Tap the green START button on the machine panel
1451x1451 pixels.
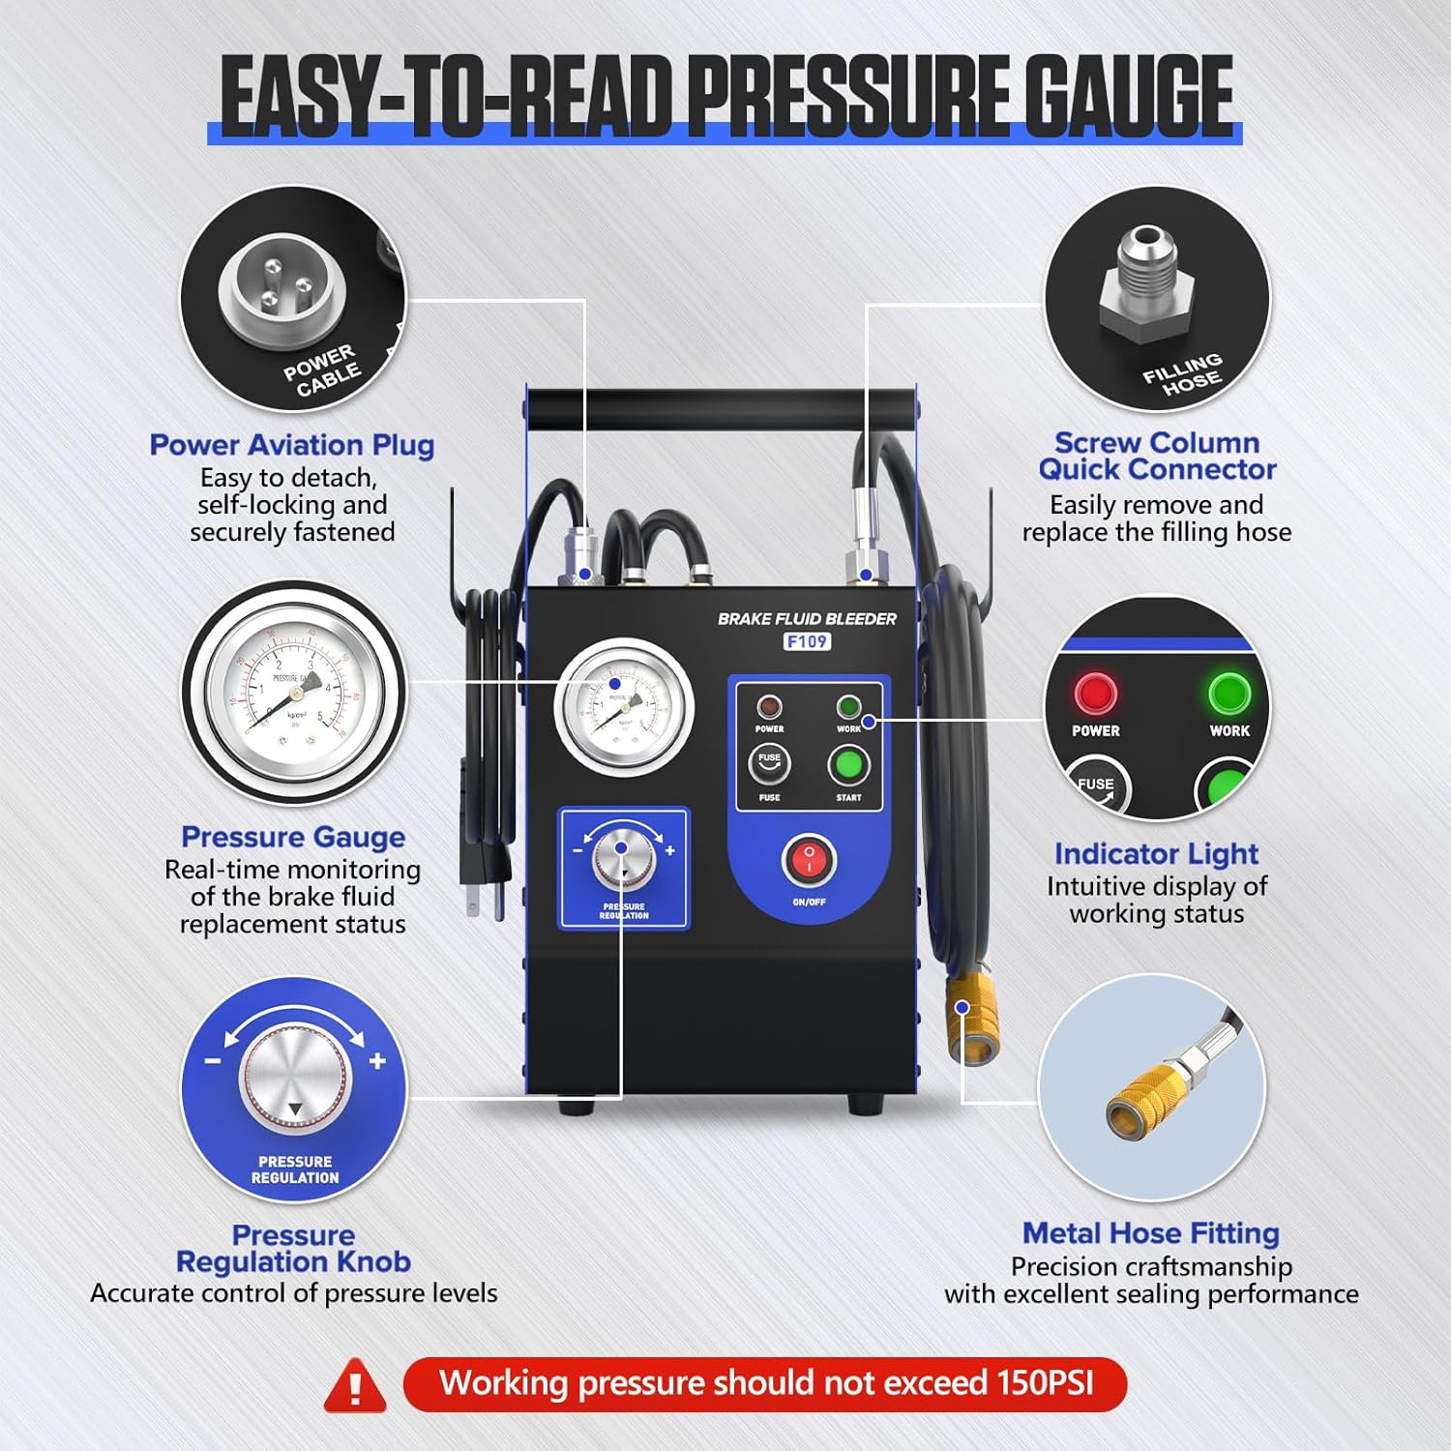tap(848, 765)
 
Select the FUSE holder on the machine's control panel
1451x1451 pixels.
tap(769, 764)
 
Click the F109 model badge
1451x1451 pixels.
tap(807, 641)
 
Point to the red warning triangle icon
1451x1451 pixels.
tap(355, 1386)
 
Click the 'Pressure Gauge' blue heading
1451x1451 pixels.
tap(293, 837)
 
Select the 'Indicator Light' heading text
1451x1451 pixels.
tap(1156, 854)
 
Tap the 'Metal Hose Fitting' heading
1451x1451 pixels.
tap(1151, 1233)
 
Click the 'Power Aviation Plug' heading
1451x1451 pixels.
tap(291, 445)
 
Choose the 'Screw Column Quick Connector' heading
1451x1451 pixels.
tap(1157, 456)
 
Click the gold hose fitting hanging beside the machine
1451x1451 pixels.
tap(969, 1018)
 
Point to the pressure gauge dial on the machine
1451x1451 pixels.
tap(624, 707)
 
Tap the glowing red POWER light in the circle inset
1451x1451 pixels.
tap(1095, 694)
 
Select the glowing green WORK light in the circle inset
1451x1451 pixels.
tap(1229, 694)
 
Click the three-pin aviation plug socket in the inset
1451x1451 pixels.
tap(281, 287)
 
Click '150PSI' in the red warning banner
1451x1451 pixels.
tap(1045, 1383)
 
